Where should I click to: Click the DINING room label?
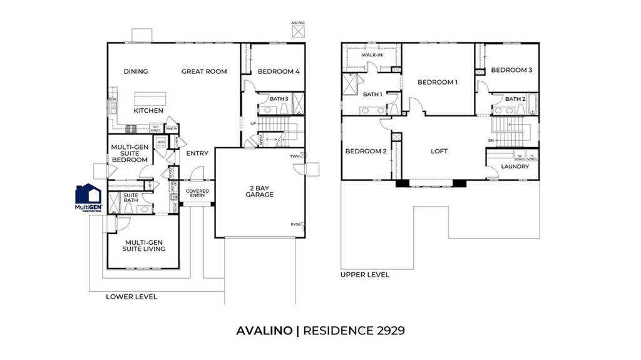tap(135, 71)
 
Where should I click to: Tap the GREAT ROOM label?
tap(204, 71)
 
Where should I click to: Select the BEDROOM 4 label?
tap(279, 71)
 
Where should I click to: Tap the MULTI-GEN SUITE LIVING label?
tap(145, 245)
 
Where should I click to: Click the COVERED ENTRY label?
tap(197, 193)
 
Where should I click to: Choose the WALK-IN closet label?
tap(372, 55)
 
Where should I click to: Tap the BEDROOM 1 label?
tap(438, 82)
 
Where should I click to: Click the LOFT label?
tap(439, 151)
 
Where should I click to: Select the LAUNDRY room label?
tap(516, 167)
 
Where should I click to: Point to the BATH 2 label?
tap(515, 99)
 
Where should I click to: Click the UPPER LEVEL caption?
tap(365, 274)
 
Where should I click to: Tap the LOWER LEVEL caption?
tap(131, 296)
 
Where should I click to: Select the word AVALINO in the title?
tap(264, 330)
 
